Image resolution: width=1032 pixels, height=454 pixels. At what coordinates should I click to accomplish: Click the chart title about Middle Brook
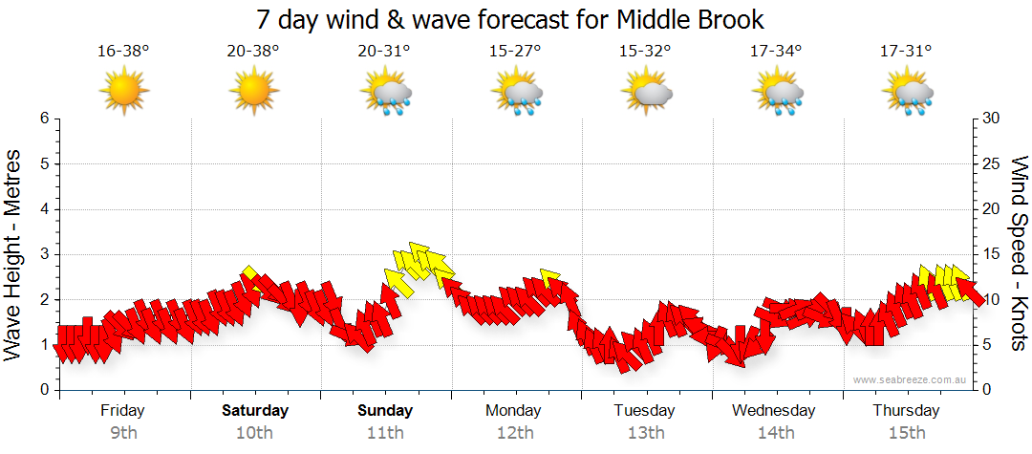511,19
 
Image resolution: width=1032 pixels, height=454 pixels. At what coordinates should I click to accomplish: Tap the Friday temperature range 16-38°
123,52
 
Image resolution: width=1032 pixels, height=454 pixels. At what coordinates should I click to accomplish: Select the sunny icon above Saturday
253,93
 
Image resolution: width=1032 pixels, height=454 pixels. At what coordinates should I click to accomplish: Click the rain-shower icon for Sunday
385,94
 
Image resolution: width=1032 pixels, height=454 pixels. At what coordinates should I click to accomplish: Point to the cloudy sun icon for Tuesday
647,94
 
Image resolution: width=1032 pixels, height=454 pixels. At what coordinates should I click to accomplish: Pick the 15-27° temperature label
515,52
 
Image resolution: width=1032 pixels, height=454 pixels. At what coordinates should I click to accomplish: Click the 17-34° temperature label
776,52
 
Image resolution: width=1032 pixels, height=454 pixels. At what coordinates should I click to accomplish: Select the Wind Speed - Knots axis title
1018,254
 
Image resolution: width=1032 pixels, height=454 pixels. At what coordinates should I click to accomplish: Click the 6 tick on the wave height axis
43,119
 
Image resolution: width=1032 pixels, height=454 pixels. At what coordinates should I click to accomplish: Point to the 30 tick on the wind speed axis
992,119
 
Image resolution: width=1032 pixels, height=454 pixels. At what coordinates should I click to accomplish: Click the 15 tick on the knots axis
992,254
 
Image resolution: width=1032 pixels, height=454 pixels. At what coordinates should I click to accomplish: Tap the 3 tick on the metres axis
43,254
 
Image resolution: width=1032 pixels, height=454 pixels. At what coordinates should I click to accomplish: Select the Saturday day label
255,411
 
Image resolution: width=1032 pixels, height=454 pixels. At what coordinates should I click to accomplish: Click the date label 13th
646,433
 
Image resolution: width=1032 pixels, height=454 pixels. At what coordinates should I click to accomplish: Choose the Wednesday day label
774,411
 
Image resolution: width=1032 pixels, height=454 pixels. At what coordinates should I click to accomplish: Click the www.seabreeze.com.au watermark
911,380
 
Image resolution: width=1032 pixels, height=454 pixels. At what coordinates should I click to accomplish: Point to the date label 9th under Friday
123,433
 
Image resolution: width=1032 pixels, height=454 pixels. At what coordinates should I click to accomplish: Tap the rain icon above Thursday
908,94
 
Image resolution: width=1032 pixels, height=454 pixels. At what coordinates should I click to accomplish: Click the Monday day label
515,411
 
